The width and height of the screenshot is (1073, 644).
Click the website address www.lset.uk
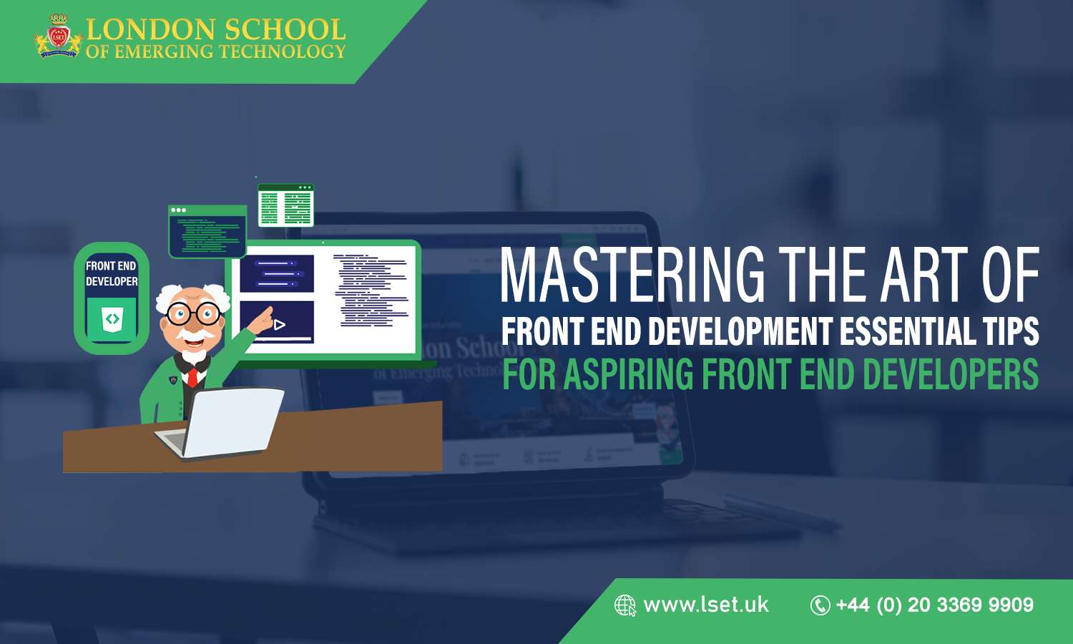click(706, 605)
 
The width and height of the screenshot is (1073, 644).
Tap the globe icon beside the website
click(624, 605)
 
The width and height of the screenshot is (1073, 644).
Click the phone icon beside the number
click(820, 605)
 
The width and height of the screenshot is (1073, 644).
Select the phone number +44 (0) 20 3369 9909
click(935, 605)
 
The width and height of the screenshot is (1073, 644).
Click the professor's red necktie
click(192, 376)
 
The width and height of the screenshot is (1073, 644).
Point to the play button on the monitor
click(279, 325)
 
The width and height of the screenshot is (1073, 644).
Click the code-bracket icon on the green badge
click(112, 319)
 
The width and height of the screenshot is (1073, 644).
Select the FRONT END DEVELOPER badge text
click(112, 273)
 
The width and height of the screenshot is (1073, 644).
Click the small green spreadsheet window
click(285, 205)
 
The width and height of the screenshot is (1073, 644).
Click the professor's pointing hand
click(263, 319)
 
